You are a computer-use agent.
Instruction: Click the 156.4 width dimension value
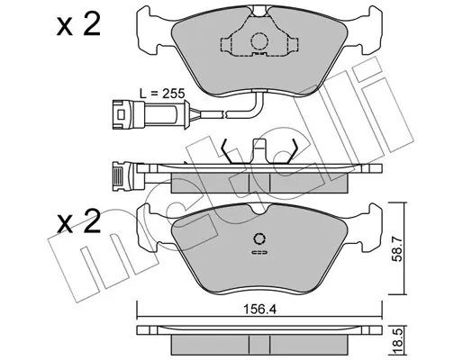click(x=259, y=310)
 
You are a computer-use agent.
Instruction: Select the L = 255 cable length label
click(x=162, y=94)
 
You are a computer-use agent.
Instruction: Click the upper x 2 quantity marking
click(x=78, y=25)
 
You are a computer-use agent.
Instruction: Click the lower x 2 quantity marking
click(x=78, y=222)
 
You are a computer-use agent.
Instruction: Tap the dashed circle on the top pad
click(x=259, y=41)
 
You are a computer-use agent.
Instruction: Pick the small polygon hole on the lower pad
click(x=259, y=238)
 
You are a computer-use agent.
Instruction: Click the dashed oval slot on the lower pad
click(x=259, y=252)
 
